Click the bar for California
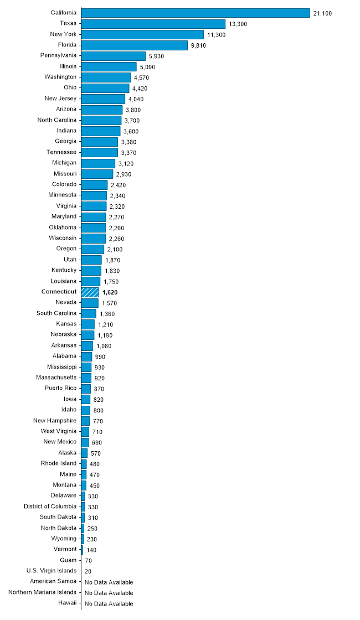tap(195, 13)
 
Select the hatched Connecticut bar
tap(90, 292)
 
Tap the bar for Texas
tap(153, 24)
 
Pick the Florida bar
tap(134, 45)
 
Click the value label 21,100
tap(322, 13)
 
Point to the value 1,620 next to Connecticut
tap(110, 292)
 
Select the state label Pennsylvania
tap(58, 55)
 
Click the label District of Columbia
tap(50, 507)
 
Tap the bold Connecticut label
tap(59, 292)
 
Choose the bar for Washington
tap(106, 77)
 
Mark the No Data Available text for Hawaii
tap(109, 603)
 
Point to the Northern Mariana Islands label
tap(42, 592)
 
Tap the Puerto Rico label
tap(60, 388)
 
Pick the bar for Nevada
tap(90, 303)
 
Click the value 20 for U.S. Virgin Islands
tap(88, 571)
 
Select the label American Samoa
tap(53, 581)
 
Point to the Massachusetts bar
tap(86, 378)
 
